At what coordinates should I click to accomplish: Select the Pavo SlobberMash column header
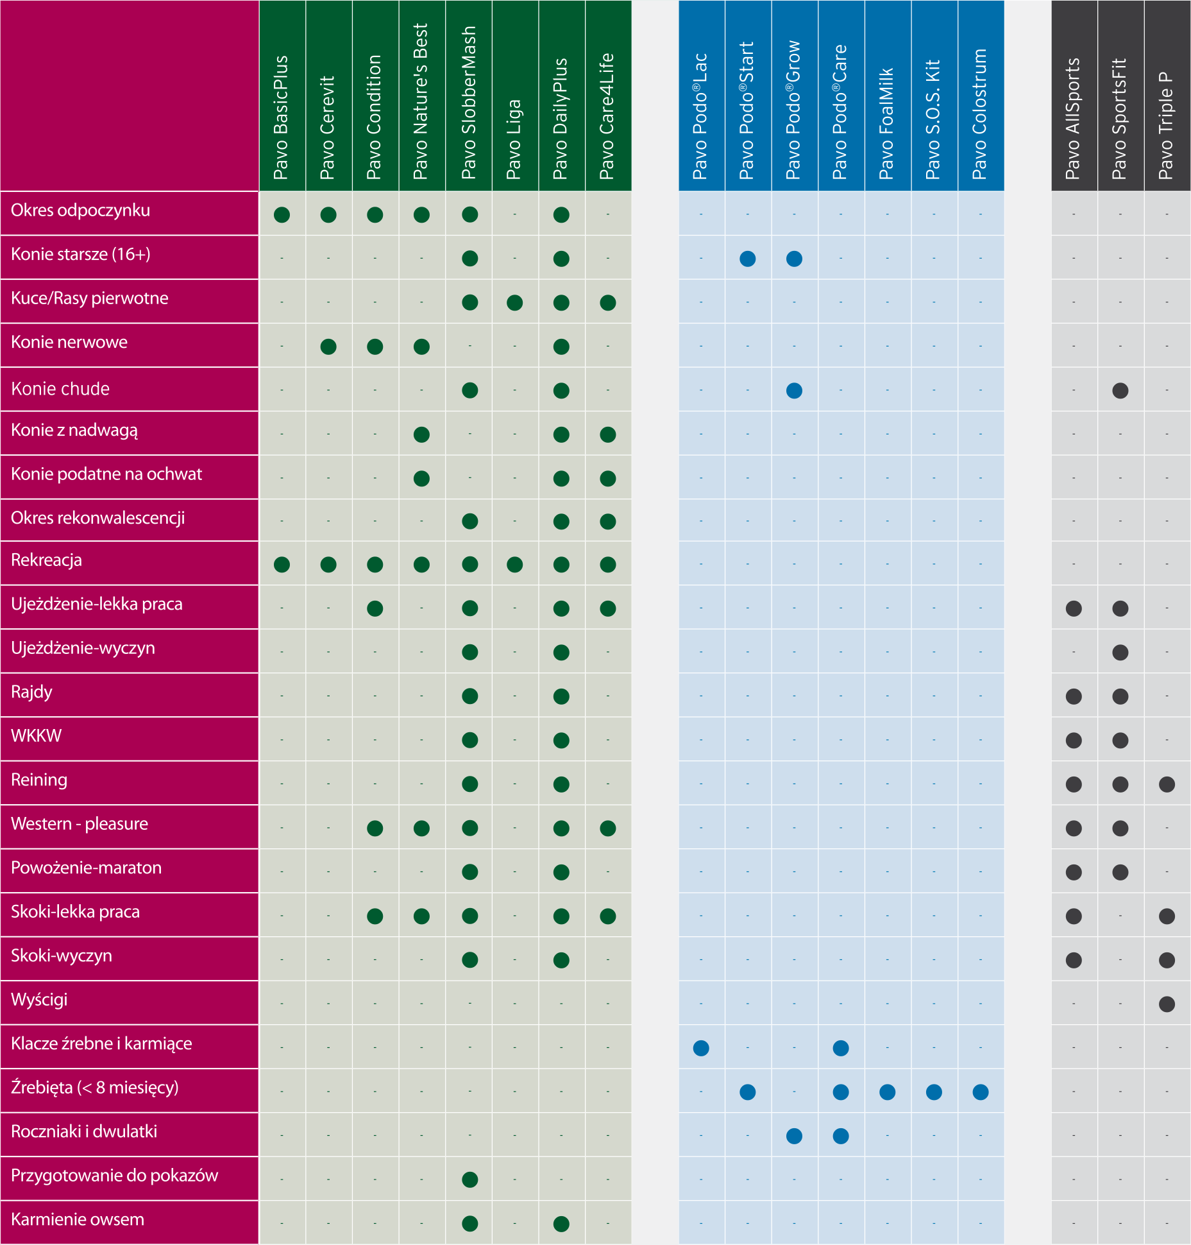click(469, 103)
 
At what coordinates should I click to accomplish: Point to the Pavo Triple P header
click(1166, 126)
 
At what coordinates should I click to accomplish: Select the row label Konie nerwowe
click(69, 342)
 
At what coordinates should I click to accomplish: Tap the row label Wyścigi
click(39, 1000)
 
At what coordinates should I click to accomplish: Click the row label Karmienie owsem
click(78, 1219)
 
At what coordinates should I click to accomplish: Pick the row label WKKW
click(37, 736)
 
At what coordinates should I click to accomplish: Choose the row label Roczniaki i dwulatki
click(84, 1131)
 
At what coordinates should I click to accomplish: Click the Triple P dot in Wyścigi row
click(1167, 1004)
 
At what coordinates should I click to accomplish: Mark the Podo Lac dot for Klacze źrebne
click(701, 1048)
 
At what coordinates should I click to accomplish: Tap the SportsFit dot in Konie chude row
click(1120, 390)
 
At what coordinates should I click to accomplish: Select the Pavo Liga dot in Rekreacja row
click(514, 565)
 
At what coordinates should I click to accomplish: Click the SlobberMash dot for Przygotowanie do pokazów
click(470, 1180)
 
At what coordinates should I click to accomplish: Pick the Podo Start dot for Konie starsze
click(748, 259)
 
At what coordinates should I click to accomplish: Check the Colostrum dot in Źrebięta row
click(981, 1092)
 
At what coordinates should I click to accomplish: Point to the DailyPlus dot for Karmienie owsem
click(561, 1224)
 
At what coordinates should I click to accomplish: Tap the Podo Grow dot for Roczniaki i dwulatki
click(794, 1136)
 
